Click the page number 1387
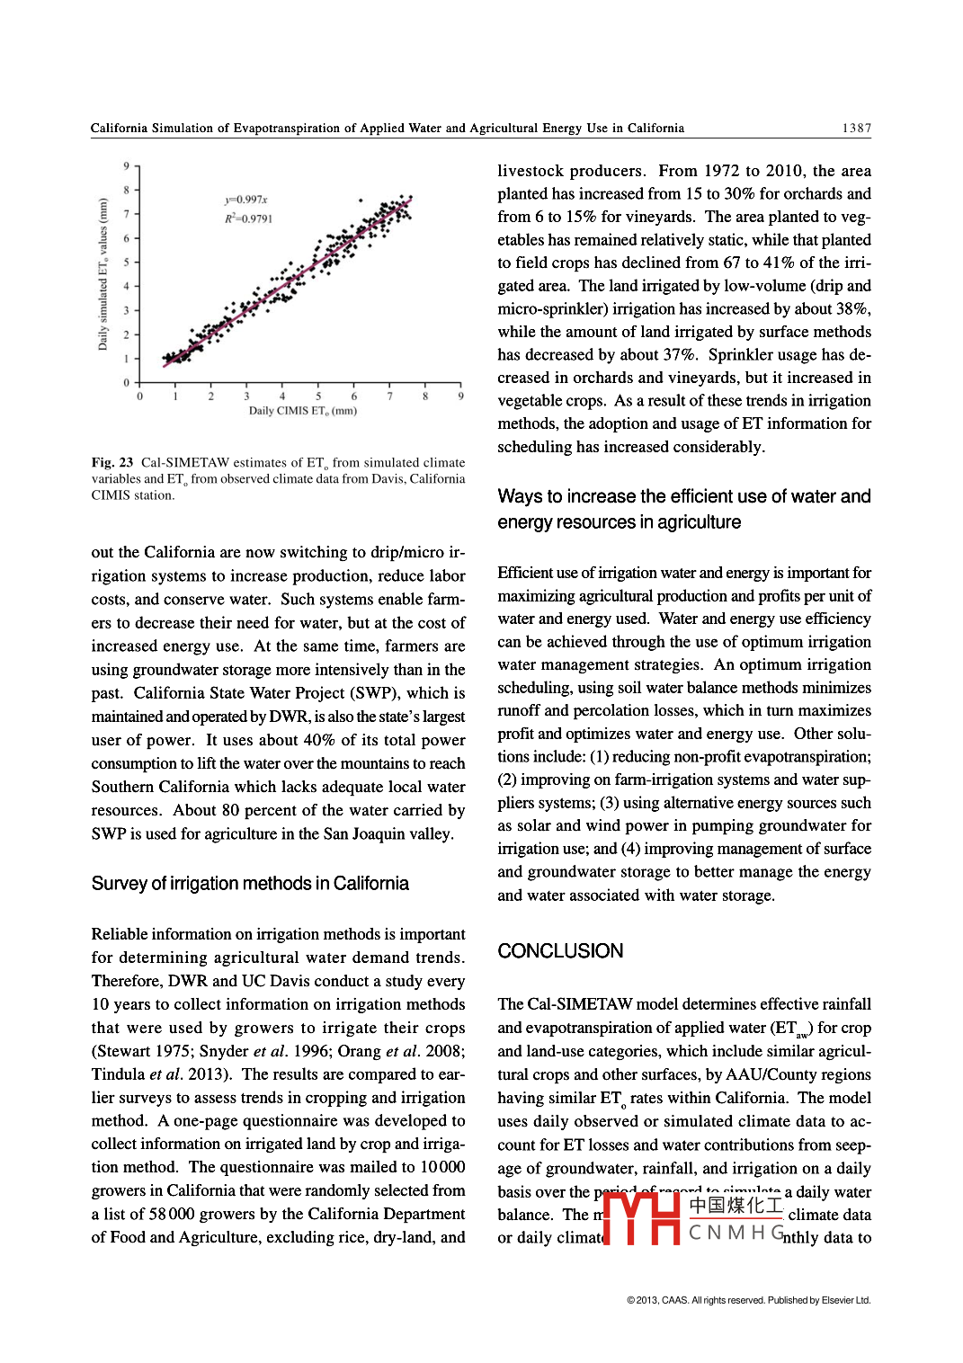point(856,129)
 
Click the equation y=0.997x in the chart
point(246,200)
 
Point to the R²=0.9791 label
point(248,218)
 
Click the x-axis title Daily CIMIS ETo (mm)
point(303,411)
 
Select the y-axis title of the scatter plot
point(103,274)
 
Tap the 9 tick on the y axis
point(127,166)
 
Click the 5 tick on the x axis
point(318,396)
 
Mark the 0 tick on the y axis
point(127,383)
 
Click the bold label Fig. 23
point(112,463)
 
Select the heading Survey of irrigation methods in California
point(250,884)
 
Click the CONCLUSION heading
point(560,951)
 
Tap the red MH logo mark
point(641,1218)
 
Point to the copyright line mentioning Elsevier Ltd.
point(748,1300)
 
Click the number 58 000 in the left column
point(172,1214)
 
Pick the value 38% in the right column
point(852,309)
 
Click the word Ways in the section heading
point(520,496)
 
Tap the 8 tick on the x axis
point(425,396)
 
